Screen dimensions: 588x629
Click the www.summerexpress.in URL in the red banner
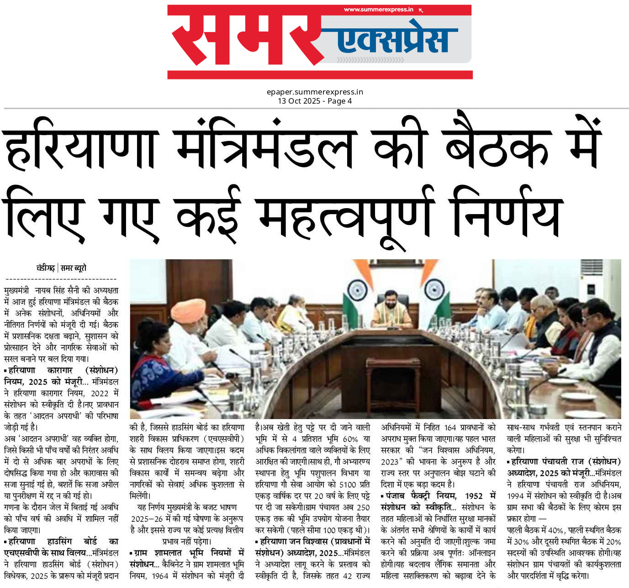pyautogui.click(x=379, y=10)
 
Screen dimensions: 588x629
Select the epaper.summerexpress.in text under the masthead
pyautogui.click(x=315, y=92)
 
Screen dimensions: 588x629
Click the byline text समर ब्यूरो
pyautogui.click(x=74, y=268)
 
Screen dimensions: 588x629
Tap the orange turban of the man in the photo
pyautogui.click(x=188, y=310)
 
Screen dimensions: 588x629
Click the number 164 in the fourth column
pyautogui.click(x=450, y=428)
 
